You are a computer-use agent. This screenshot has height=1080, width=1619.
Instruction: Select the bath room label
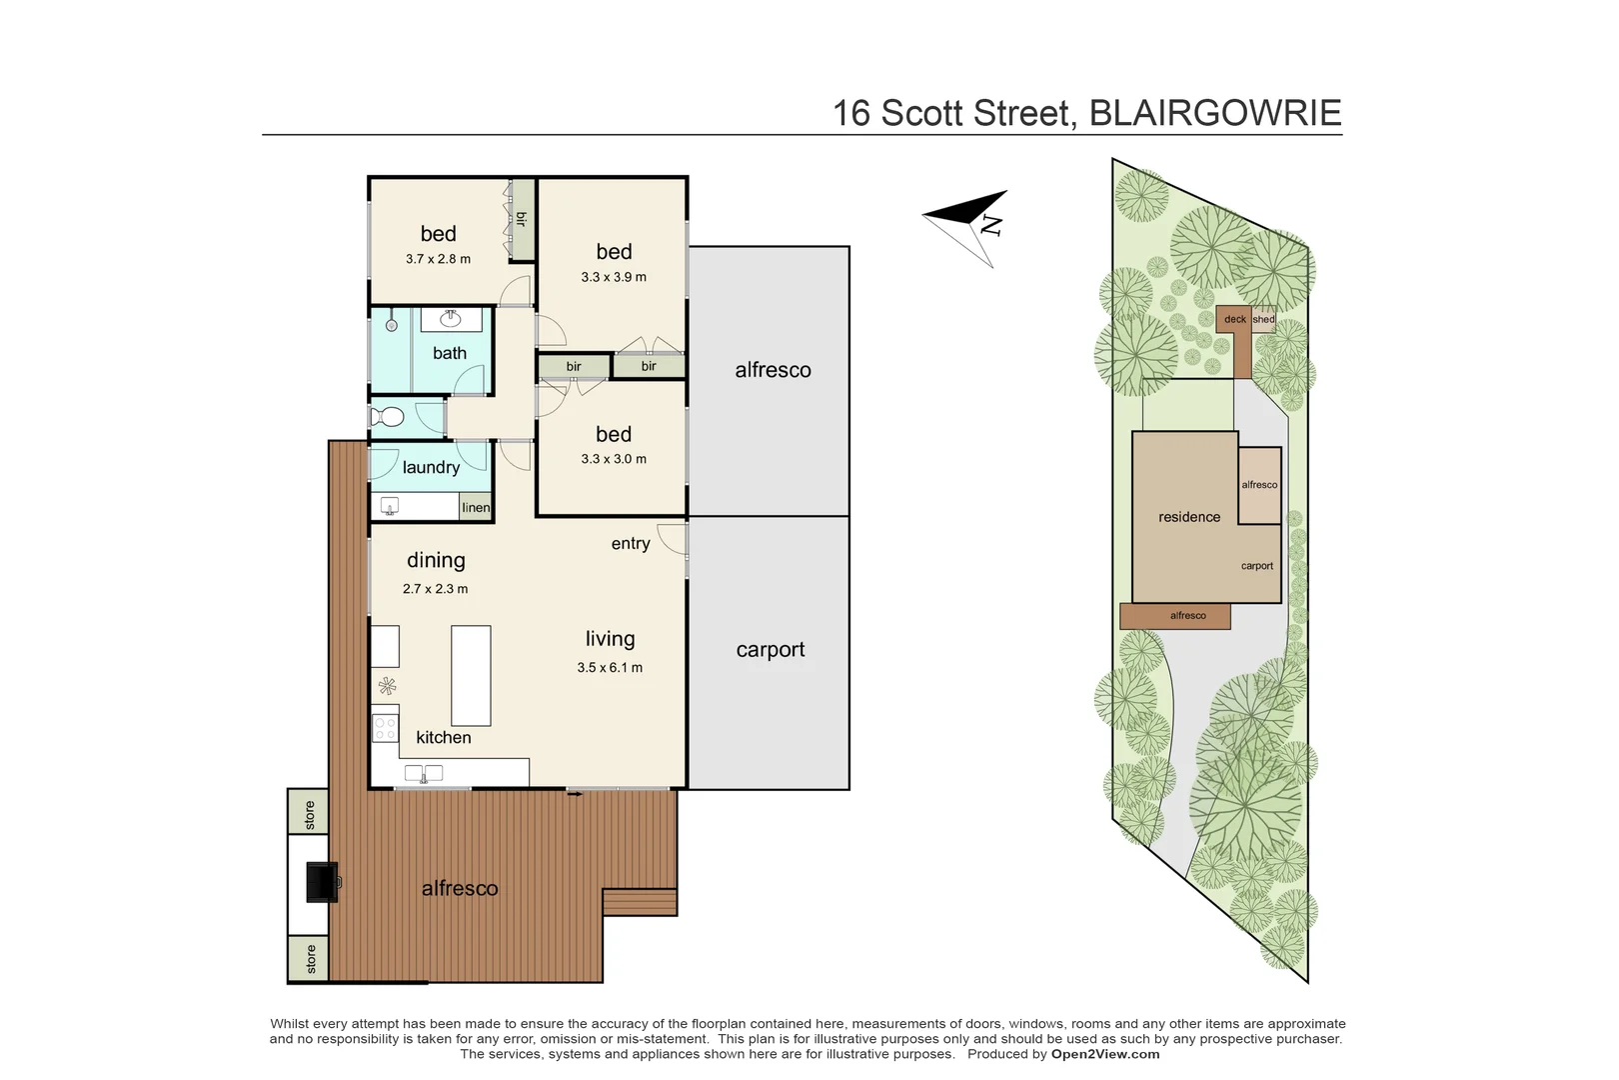click(450, 353)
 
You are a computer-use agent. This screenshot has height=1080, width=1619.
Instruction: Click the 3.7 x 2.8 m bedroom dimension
click(438, 259)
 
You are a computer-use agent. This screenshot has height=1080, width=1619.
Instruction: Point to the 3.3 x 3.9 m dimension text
click(614, 277)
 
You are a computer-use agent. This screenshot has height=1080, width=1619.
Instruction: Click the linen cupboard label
click(476, 508)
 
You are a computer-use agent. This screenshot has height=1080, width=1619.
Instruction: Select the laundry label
click(431, 467)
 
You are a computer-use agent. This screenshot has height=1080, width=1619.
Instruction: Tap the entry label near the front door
click(631, 543)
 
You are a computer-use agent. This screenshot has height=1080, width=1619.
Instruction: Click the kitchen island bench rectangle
click(471, 675)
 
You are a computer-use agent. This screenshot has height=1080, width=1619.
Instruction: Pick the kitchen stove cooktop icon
click(385, 727)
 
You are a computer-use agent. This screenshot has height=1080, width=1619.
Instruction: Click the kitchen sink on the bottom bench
click(424, 773)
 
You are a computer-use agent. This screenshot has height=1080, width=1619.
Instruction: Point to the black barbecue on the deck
click(322, 882)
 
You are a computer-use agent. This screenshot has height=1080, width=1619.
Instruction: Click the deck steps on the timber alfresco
click(640, 902)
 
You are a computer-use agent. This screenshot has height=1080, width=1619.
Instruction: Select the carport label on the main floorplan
click(771, 650)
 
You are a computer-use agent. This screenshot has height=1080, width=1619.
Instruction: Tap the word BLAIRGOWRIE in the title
click(1214, 113)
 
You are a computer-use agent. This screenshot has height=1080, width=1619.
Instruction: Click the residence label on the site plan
click(1189, 517)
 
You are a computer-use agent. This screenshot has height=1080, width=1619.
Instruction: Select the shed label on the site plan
click(1264, 319)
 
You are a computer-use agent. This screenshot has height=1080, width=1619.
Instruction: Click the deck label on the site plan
click(1235, 319)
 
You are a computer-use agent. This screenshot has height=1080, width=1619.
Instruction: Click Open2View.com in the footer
click(1105, 1054)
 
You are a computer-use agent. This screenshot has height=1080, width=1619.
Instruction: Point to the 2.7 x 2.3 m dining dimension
click(436, 589)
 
